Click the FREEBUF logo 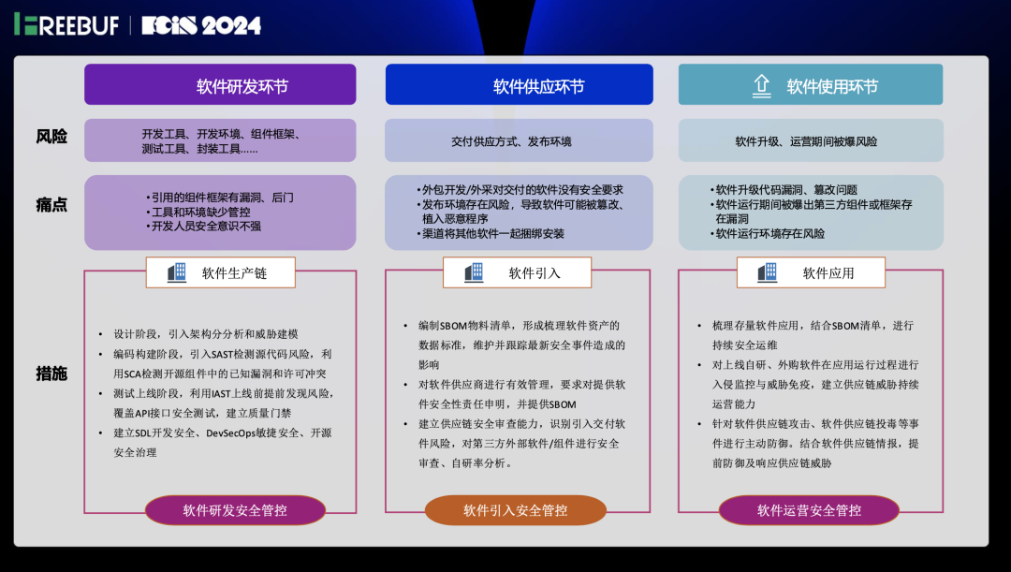(66, 25)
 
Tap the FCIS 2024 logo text (201, 25)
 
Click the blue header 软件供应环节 (520, 86)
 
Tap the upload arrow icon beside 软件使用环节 (761, 86)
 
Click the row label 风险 (51, 137)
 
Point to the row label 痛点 (51, 204)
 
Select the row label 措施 (51, 374)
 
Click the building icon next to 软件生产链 (177, 272)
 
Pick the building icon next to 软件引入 (474, 272)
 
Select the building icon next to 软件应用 (768, 272)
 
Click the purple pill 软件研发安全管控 (235, 510)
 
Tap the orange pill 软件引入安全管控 (515, 510)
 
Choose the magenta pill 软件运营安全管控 (809, 510)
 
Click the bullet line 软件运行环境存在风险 (769, 233)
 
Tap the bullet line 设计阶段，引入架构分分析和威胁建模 (206, 334)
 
